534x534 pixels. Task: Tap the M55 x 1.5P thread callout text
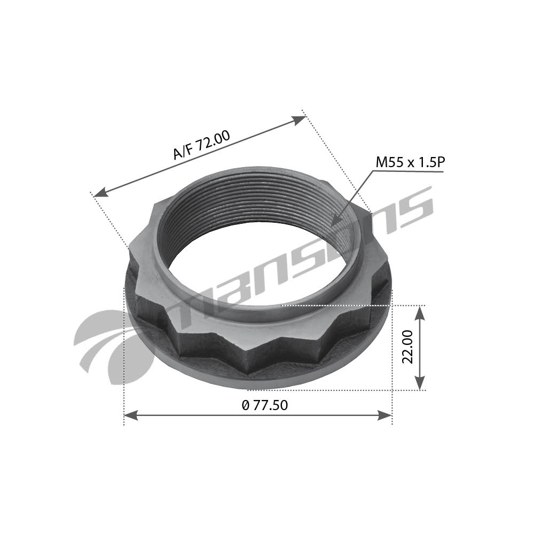pyautogui.click(x=409, y=162)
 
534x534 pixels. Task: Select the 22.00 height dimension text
pyautogui.click(x=409, y=347)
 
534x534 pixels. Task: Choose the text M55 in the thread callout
pyautogui.click(x=389, y=162)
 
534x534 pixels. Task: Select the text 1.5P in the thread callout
pyautogui.click(x=429, y=162)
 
